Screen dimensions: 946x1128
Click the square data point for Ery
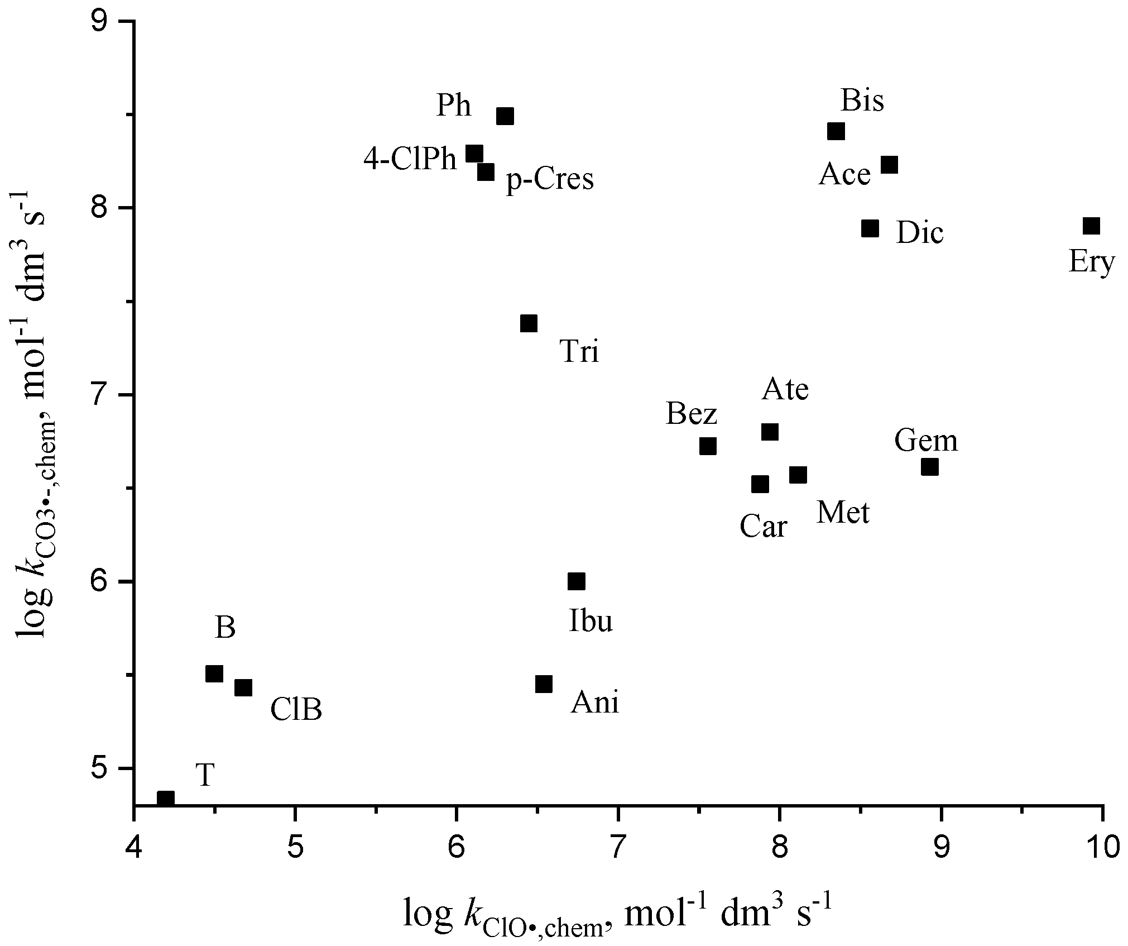[x=1091, y=226]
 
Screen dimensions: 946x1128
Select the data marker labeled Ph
[x=505, y=116]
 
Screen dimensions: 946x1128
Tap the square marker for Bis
[x=836, y=132]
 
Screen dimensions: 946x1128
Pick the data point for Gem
[x=929, y=467]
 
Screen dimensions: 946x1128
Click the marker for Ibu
[x=576, y=581]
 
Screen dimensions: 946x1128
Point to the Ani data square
[x=544, y=684]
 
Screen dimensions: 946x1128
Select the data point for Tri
[x=529, y=323]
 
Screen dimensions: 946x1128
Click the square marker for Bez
[x=708, y=446]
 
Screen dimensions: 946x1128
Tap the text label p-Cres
[x=550, y=180]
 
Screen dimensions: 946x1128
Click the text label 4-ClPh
[x=410, y=160]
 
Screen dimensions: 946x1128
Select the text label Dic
[x=920, y=233]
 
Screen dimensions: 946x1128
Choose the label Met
[x=843, y=513]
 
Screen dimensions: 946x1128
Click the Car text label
[x=764, y=527]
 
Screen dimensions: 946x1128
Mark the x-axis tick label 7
[x=618, y=848]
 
